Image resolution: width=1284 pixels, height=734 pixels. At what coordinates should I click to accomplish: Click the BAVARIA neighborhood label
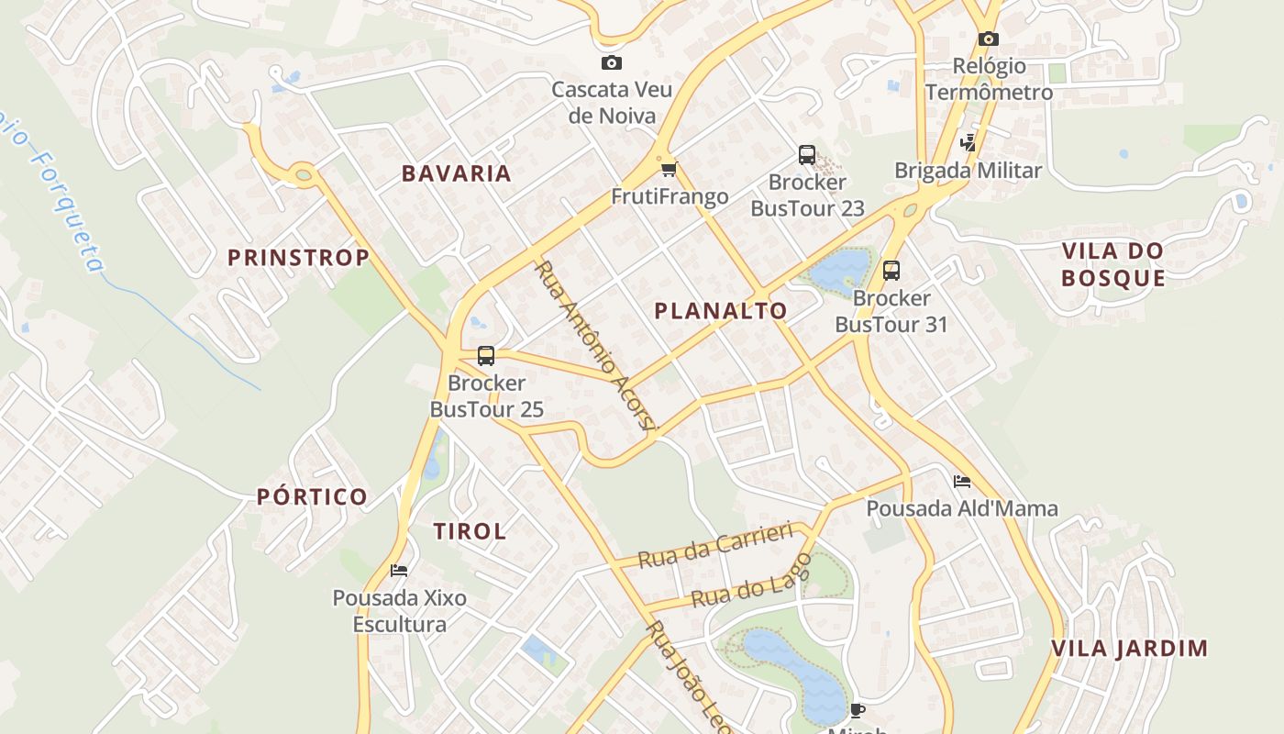tap(457, 173)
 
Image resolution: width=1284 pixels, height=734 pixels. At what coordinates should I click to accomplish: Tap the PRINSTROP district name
tap(298, 258)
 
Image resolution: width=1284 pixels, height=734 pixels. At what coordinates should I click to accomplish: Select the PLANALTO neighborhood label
tap(721, 311)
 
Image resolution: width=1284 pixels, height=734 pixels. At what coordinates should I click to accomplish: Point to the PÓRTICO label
tap(312, 497)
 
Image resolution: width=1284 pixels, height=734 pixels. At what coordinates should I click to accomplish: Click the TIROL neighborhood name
tap(470, 531)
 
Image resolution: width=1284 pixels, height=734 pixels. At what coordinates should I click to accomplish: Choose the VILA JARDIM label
tap(1129, 649)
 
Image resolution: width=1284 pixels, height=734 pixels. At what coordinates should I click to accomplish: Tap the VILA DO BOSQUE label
tap(1112, 264)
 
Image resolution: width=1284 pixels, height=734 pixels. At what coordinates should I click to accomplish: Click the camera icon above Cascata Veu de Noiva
tap(611, 62)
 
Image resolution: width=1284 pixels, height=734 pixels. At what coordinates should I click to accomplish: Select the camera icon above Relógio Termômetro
tap(988, 39)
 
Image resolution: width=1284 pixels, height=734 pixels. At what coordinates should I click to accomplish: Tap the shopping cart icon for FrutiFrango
tap(670, 169)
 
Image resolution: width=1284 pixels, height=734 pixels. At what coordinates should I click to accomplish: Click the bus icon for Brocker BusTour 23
tap(807, 154)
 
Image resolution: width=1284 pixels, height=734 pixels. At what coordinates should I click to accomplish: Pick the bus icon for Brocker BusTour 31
tap(891, 271)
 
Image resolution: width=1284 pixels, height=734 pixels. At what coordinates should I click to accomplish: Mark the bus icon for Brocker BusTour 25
tap(486, 355)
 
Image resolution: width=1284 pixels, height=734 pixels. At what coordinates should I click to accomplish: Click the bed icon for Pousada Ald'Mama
tap(961, 481)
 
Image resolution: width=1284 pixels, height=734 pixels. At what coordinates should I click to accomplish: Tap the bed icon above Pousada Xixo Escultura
tap(399, 570)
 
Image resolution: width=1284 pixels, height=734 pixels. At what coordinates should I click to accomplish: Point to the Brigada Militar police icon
tap(968, 143)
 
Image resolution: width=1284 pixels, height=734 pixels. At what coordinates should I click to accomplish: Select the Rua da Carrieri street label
tap(714, 545)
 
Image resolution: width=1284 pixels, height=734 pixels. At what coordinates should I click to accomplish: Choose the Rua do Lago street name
tap(752, 582)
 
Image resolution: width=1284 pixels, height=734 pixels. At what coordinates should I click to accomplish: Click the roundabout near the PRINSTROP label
tap(304, 172)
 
